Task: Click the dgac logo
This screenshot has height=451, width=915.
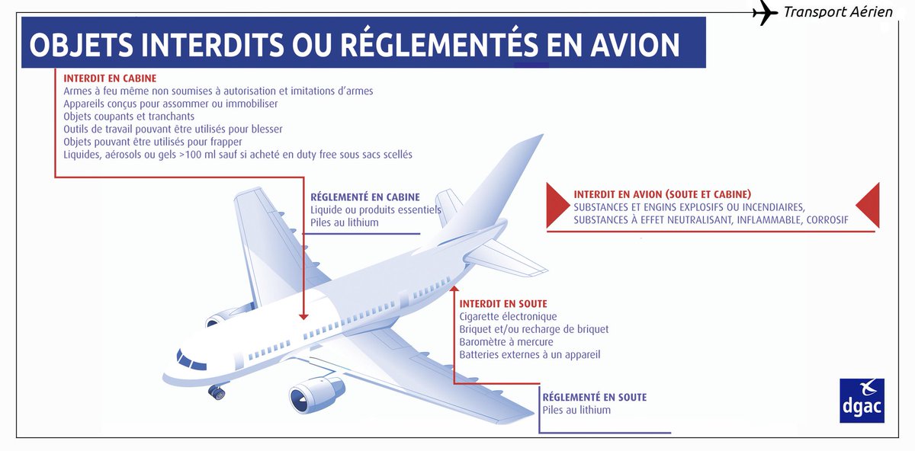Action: pos(862,400)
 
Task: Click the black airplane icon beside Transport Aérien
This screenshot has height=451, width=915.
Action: pos(764,14)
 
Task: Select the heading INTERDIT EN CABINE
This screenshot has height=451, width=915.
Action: pos(110,78)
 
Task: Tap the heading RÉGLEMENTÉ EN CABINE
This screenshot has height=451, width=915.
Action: pos(365,197)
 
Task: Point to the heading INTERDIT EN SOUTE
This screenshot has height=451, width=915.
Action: pos(503,304)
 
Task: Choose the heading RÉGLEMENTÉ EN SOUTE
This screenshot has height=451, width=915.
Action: pos(594,397)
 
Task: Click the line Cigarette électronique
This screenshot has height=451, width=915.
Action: pos(508,316)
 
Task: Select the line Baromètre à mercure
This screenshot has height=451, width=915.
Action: pos(506,342)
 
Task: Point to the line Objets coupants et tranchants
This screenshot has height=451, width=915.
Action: pos(129,117)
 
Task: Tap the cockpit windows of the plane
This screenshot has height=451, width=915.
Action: pos(190,359)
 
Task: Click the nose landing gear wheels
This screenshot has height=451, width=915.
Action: pos(217,392)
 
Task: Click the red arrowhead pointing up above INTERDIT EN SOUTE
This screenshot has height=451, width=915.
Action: pos(454,289)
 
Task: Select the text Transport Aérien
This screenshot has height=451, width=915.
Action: pos(838,12)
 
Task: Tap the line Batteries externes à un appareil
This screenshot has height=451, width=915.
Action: pos(530,355)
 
